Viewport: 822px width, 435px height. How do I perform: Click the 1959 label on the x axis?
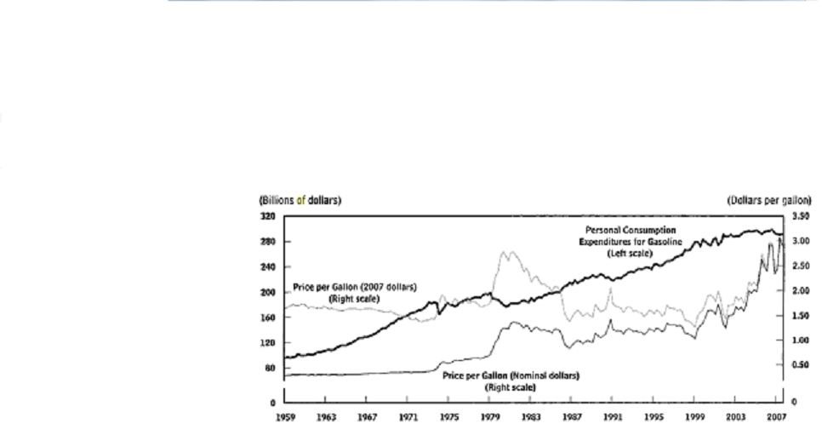point(284,417)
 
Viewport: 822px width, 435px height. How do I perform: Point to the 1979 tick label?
point(490,417)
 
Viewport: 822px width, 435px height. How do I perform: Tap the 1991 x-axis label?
point(613,417)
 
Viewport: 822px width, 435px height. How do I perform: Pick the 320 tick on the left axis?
point(266,217)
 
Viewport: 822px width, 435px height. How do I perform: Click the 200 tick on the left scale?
point(266,292)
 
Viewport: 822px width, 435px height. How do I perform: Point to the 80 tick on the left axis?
point(268,368)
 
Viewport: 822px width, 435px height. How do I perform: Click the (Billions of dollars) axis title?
point(300,200)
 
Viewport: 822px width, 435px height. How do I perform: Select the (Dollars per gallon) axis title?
point(769,200)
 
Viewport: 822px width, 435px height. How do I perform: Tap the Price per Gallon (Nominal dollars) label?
point(511,381)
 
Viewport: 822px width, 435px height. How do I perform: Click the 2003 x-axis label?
point(736,417)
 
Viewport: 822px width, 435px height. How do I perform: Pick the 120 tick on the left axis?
point(266,342)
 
